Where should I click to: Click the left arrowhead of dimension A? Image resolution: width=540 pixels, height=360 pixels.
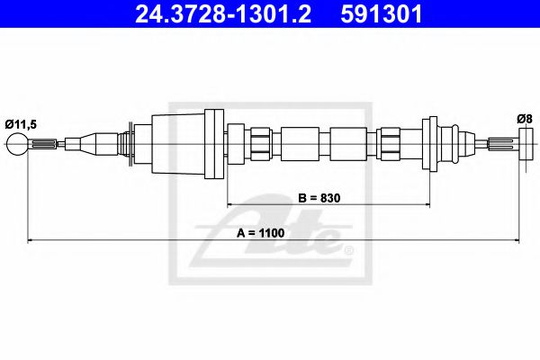click(33, 240)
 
